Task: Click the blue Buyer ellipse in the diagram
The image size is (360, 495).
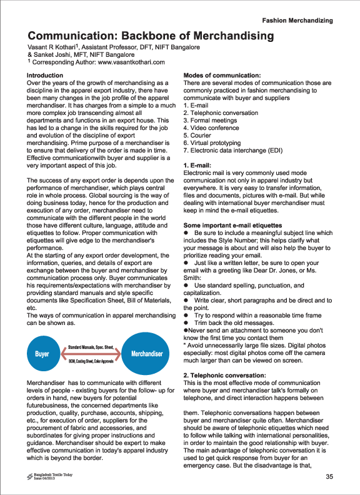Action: [x=42, y=354]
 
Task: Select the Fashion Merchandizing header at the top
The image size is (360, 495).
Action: [x=306, y=21]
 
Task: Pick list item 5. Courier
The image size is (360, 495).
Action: [x=198, y=135]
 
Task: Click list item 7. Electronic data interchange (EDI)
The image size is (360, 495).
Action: [x=234, y=150]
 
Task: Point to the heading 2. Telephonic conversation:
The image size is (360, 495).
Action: [x=229, y=374]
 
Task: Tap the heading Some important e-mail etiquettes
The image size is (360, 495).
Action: [x=237, y=225]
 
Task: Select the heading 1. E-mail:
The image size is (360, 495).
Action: [x=199, y=165]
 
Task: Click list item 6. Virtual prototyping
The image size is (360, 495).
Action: [x=213, y=142]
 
